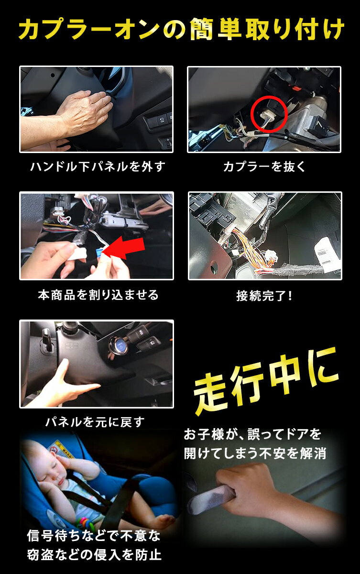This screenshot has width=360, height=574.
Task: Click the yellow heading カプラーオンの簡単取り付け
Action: pos(181,29)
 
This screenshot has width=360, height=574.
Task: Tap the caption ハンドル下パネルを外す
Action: pos(98,166)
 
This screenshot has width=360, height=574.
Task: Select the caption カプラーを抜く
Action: pos(264,166)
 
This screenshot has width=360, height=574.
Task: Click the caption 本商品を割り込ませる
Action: pos(98,295)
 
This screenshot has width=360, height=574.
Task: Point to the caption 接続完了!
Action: pos(264,296)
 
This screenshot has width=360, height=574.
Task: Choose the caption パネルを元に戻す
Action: pos(95,422)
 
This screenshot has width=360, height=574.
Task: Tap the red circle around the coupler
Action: pos(269,96)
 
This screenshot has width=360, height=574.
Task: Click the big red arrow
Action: pos(124,249)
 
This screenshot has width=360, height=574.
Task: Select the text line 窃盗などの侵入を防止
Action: pos(94,555)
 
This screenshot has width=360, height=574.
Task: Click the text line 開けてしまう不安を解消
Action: pos(255,453)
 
